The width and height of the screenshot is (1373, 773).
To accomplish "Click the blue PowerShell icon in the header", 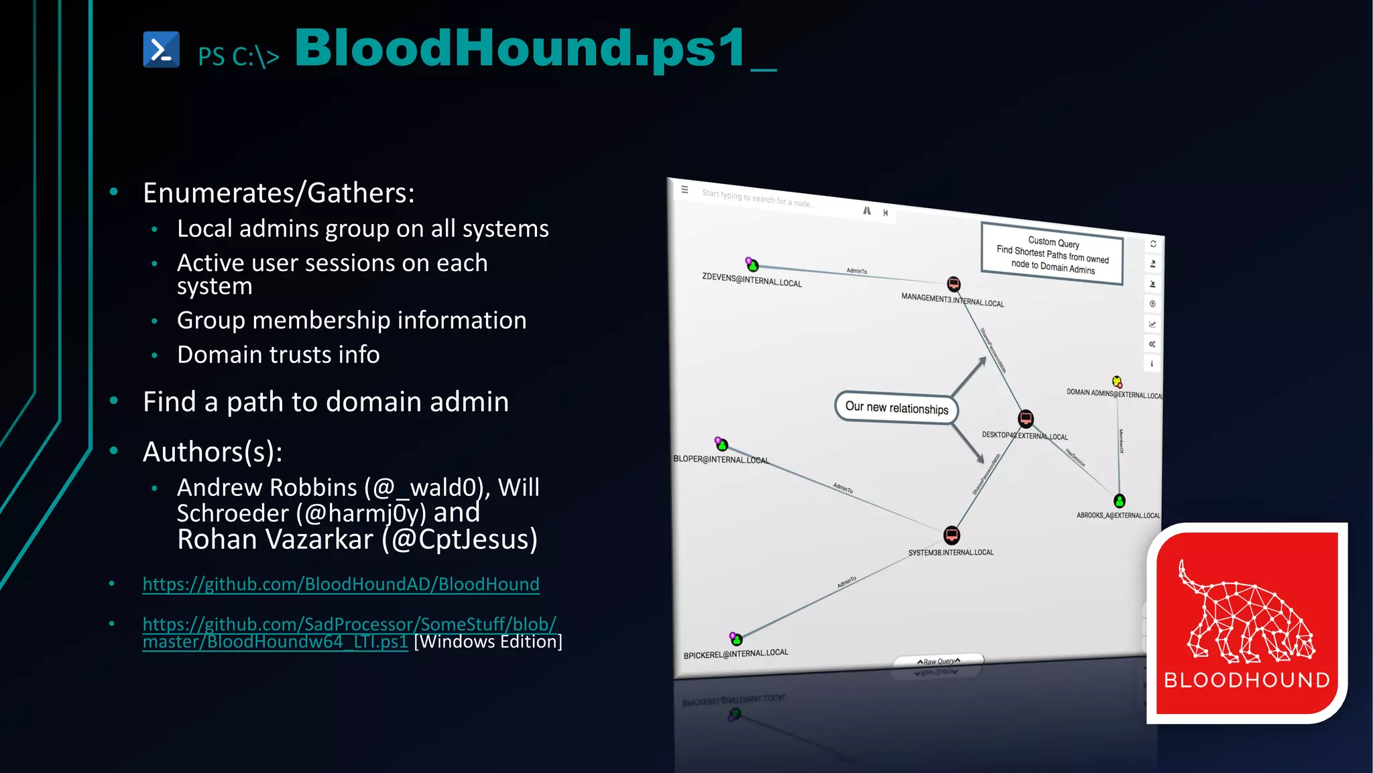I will coord(161,50).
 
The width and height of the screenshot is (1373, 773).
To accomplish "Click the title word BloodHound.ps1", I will coord(520,48).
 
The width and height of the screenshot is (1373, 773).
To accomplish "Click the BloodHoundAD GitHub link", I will coord(341,584).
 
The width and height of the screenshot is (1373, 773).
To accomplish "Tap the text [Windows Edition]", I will coord(488,642).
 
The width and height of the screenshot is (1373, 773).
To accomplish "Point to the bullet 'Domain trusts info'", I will coord(278,355).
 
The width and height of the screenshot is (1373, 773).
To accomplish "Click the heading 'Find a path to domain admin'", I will coord(326,402).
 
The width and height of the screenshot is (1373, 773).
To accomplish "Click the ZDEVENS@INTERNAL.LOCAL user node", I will coord(753,266).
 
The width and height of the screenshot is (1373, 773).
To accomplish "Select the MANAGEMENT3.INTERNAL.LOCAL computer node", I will coord(953,284).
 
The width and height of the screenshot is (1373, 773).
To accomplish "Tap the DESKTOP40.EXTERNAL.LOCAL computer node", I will coord(1026,419).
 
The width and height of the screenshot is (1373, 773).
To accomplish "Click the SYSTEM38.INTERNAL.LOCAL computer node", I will coord(951,535).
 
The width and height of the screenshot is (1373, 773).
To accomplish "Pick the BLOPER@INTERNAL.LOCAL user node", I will coord(722,445).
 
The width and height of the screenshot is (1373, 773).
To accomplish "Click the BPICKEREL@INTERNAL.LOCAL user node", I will coord(736,639).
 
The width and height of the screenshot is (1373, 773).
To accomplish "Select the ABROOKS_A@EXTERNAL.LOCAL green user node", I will coord(1119,501).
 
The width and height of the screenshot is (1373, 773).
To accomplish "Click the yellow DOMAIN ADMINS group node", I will coord(1117,382).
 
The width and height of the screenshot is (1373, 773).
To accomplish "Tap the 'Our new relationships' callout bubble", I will coord(896,408).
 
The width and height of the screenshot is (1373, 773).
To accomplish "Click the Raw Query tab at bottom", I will coord(939,661).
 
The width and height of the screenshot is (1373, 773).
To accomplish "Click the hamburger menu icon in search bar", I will coord(684,190).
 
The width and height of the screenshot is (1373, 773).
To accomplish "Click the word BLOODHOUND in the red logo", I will coord(1246,680).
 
